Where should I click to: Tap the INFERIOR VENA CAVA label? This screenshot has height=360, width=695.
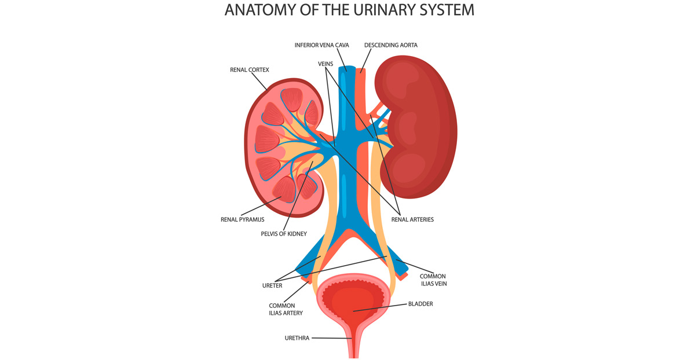pyautogui.click(x=321, y=45)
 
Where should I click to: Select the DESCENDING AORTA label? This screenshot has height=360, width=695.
pyautogui.click(x=391, y=45)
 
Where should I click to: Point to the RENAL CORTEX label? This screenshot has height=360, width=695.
pyautogui.click(x=250, y=70)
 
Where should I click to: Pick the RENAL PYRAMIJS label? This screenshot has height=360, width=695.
pyautogui.click(x=242, y=220)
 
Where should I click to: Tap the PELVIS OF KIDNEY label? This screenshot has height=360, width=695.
pyautogui.click(x=283, y=234)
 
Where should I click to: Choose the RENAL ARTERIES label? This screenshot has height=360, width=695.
pyautogui.click(x=412, y=220)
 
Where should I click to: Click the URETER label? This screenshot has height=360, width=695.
pyautogui.click(x=272, y=285)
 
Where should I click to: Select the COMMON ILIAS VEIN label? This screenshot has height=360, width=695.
pyautogui.click(x=433, y=280)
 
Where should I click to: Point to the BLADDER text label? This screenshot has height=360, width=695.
pyautogui.click(x=420, y=303)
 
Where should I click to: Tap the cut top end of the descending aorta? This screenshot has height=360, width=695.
pyautogui.click(x=361, y=71)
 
